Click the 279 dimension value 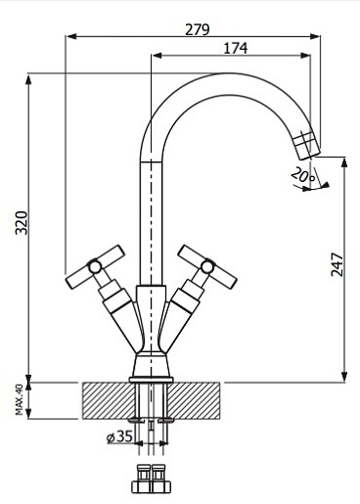pos(198,29)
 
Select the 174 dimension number pos(236,48)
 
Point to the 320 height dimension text pos(22,223)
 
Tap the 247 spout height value pos(337,264)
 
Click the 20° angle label pos(303,175)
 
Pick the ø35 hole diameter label pos(119,436)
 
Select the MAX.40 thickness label pos(20,399)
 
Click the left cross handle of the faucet pos(95,266)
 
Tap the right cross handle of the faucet pos(207,266)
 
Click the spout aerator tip pos(306,145)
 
